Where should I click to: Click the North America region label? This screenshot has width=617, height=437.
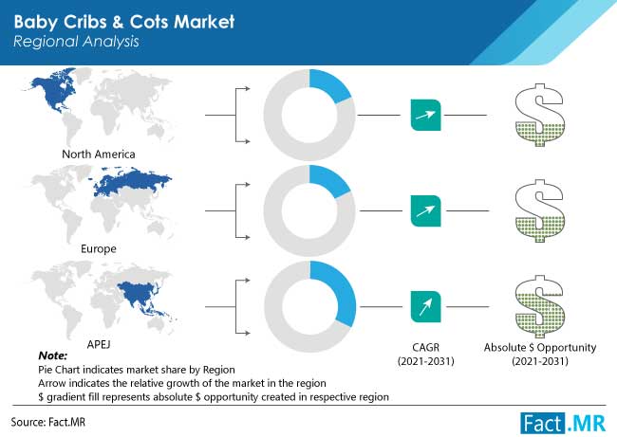click(99, 155)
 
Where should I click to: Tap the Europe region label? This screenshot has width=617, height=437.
click(99, 248)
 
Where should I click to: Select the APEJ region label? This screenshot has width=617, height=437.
click(99, 344)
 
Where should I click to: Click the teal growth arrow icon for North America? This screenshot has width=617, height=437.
click(426, 115)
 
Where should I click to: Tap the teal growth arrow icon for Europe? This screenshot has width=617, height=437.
click(426, 211)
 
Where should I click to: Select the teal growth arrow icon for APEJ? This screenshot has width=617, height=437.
click(426, 306)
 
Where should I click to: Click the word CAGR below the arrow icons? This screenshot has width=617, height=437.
click(426, 347)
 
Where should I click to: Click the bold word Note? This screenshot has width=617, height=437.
click(53, 355)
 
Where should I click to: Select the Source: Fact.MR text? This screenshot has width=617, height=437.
click(48, 422)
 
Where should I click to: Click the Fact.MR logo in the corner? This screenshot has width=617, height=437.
click(563, 423)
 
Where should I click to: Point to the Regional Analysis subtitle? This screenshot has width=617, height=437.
click(76, 42)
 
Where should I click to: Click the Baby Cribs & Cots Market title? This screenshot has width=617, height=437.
click(124, 22)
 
